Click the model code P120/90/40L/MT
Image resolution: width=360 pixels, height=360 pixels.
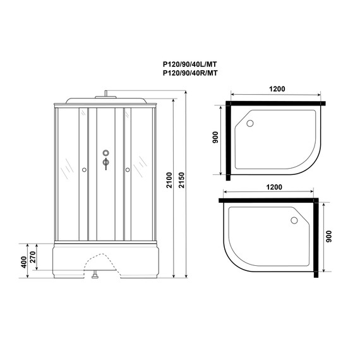(191, 64)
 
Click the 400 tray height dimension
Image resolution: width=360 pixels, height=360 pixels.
(24, 261)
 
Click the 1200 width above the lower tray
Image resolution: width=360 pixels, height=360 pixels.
(274, 188)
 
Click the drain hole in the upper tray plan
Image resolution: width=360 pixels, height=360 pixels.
(249, 124)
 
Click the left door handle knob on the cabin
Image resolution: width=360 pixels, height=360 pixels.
(83, 169)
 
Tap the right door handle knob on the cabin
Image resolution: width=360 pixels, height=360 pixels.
(127, 169)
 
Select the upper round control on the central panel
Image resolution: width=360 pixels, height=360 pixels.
(105, 153)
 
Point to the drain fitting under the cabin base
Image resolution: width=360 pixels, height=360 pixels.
(95, 275)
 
